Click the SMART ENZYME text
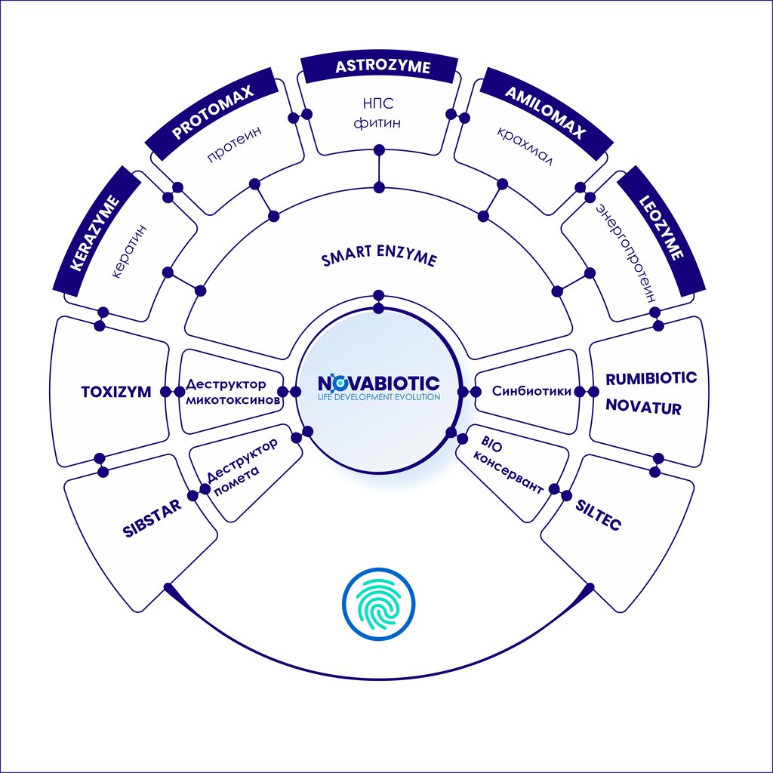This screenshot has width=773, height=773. [x=379, y=259]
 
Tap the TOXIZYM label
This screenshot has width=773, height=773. [x=116, y=392]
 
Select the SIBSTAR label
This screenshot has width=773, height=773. [x=152, y=517]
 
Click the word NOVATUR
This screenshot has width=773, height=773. [x=644, y=409]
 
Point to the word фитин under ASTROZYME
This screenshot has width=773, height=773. [x=377, y=122]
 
